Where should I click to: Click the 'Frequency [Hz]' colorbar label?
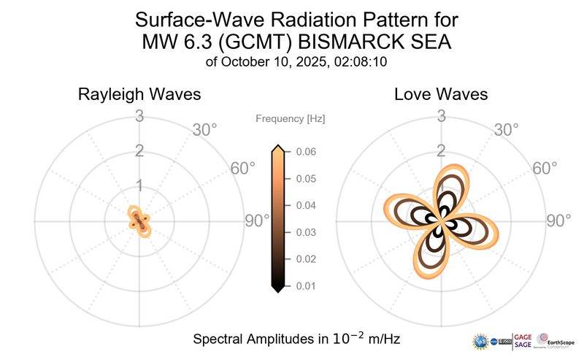click(x=290, y=118)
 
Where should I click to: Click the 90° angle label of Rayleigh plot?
click(x=258, y=221)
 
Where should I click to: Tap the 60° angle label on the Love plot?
click(x=545, y=169)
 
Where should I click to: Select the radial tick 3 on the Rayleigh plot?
click(x=139, y=115)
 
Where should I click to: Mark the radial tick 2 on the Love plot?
click(x=441, y=151)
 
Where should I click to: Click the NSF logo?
click(x=481, y=341)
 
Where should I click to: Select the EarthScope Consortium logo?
click(x=556, y=340)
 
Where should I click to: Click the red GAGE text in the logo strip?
click(x=523, y=335)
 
